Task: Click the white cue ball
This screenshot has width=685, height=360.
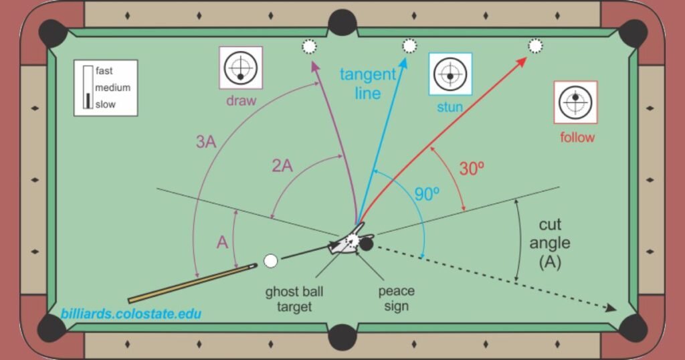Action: (x=270, y=261)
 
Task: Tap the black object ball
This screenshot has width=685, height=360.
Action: (x=366, y=244)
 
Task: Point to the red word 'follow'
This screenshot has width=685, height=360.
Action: (x=577, y=137)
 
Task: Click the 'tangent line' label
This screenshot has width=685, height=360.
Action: (x=368, y=83)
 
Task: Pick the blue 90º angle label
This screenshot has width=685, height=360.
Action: (x=426, y=195)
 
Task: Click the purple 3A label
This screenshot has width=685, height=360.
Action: (x=205, y=142)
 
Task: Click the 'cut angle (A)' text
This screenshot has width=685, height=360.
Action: (x=550, y=244)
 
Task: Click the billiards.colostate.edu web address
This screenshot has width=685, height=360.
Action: (x=130, y=313)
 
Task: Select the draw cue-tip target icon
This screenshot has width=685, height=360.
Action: (x=241, y=68)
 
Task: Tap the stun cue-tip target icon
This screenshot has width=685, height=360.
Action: (x=450, y=74)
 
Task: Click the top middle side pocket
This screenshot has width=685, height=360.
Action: (x=342, y=23)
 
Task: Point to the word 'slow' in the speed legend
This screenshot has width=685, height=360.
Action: (x=105, y=104)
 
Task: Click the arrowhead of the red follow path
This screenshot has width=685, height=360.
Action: (x=522, y=62)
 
